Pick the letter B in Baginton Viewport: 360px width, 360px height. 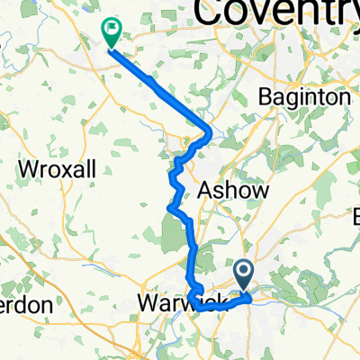[264, 95]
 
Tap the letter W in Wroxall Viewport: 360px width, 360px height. [27, 168]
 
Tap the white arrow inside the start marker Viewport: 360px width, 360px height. [244, 269]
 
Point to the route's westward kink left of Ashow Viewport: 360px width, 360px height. [169, 209]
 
